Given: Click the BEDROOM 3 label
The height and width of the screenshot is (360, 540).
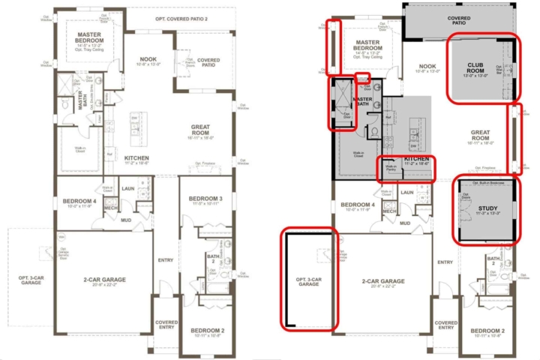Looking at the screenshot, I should [x=199, y=200].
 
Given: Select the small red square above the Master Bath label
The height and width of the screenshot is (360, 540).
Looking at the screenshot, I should [x=362, y=77].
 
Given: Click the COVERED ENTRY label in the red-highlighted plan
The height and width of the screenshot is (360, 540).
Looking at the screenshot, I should [x=445, y=324].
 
